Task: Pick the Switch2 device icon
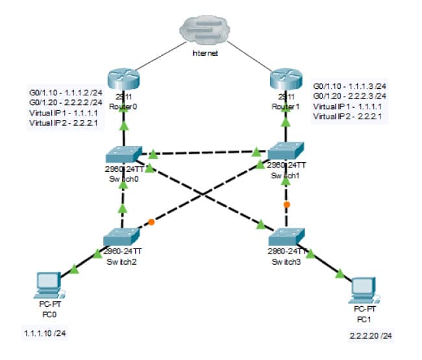[x=121, y=236]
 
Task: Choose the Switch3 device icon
[x=286, y=235]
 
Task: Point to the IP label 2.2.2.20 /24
[x=370, y=335]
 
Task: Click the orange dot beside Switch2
[x=151, y=222]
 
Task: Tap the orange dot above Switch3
[x=286, y=204]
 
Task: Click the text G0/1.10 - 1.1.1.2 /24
[x=66, y=92]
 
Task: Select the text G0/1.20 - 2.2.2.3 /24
[x=350, y=95]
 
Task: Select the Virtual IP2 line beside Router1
[x=345, y=116]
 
